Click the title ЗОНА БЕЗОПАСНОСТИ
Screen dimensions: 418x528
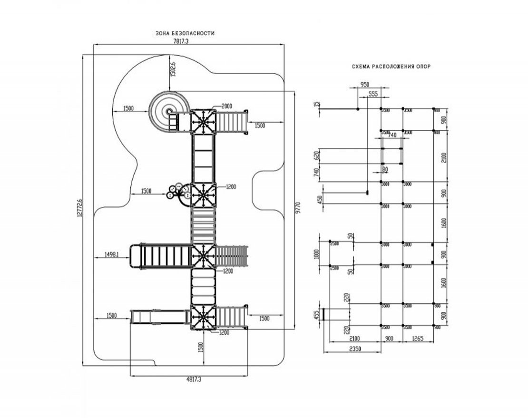[x=185, y=33]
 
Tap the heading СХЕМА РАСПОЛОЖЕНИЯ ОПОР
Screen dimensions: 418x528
[x=391, y=67]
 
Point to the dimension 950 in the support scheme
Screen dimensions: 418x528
[x=365, y=84]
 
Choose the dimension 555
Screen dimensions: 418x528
[x=373, y=95]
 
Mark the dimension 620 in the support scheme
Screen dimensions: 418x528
[x=316, y=155]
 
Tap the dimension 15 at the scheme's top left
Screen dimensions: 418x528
[x=315, y=104]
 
